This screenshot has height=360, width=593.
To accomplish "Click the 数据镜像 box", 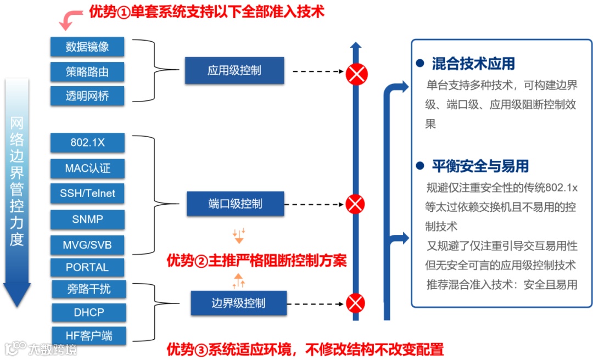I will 87,47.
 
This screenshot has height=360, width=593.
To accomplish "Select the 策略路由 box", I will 87,72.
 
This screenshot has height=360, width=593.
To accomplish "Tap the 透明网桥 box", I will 87,96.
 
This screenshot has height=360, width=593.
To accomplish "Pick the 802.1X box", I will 87,143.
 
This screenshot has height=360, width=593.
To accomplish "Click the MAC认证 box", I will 87,168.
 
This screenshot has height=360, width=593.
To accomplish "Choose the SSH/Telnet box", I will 87,193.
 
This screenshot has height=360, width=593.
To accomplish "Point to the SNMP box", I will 87,219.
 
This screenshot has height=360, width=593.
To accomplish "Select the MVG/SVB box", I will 87,245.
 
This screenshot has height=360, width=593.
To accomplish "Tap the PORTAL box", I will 87,267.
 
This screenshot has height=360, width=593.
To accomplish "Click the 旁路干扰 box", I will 89,289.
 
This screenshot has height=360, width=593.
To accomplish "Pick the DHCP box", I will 89,312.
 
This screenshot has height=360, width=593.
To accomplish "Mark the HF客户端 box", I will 89,335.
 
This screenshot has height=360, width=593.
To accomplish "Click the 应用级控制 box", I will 234,71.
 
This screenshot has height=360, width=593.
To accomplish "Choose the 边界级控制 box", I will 239,303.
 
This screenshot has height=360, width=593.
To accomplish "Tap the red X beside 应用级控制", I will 356,74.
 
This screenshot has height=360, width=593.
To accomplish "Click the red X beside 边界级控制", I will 356,303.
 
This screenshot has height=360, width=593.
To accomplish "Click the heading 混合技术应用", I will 473,64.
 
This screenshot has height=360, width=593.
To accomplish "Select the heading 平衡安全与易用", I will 480,166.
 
